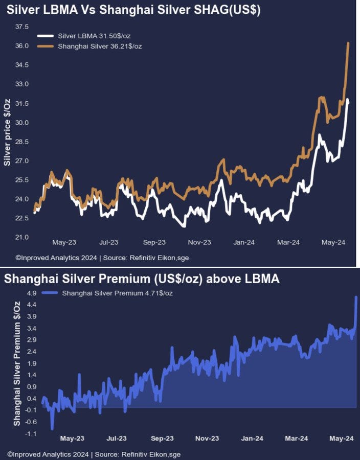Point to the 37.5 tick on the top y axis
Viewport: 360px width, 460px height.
pyautogui.click(x=22, y=27)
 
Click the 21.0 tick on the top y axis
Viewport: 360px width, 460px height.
pyautogui.click(x=22, y=238)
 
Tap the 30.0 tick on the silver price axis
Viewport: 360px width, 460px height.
pyautogui.click(x=22, y=123)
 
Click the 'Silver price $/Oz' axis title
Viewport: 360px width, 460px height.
pyautogui.click(x=7, y=132)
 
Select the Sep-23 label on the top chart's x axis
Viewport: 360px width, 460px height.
pyautogui.click(x=154, y=242)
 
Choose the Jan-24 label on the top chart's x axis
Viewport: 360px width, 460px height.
pyautogui.click(x=244, y=242)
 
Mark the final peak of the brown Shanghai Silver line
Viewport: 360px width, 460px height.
pyautogui.click(x=348, y=43)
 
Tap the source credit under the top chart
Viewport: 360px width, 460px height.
pyautogui.click(x=102, y=258)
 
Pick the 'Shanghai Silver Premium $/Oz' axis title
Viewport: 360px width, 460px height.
pyautogui.click(x=17, y=363)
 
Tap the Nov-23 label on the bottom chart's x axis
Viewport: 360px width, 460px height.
pyautogui.click(x=207, y=439)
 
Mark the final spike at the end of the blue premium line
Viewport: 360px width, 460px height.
pyautogui.click(x=355, y=297)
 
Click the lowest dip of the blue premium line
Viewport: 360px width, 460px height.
pyautogui.click(x=52, y=429)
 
